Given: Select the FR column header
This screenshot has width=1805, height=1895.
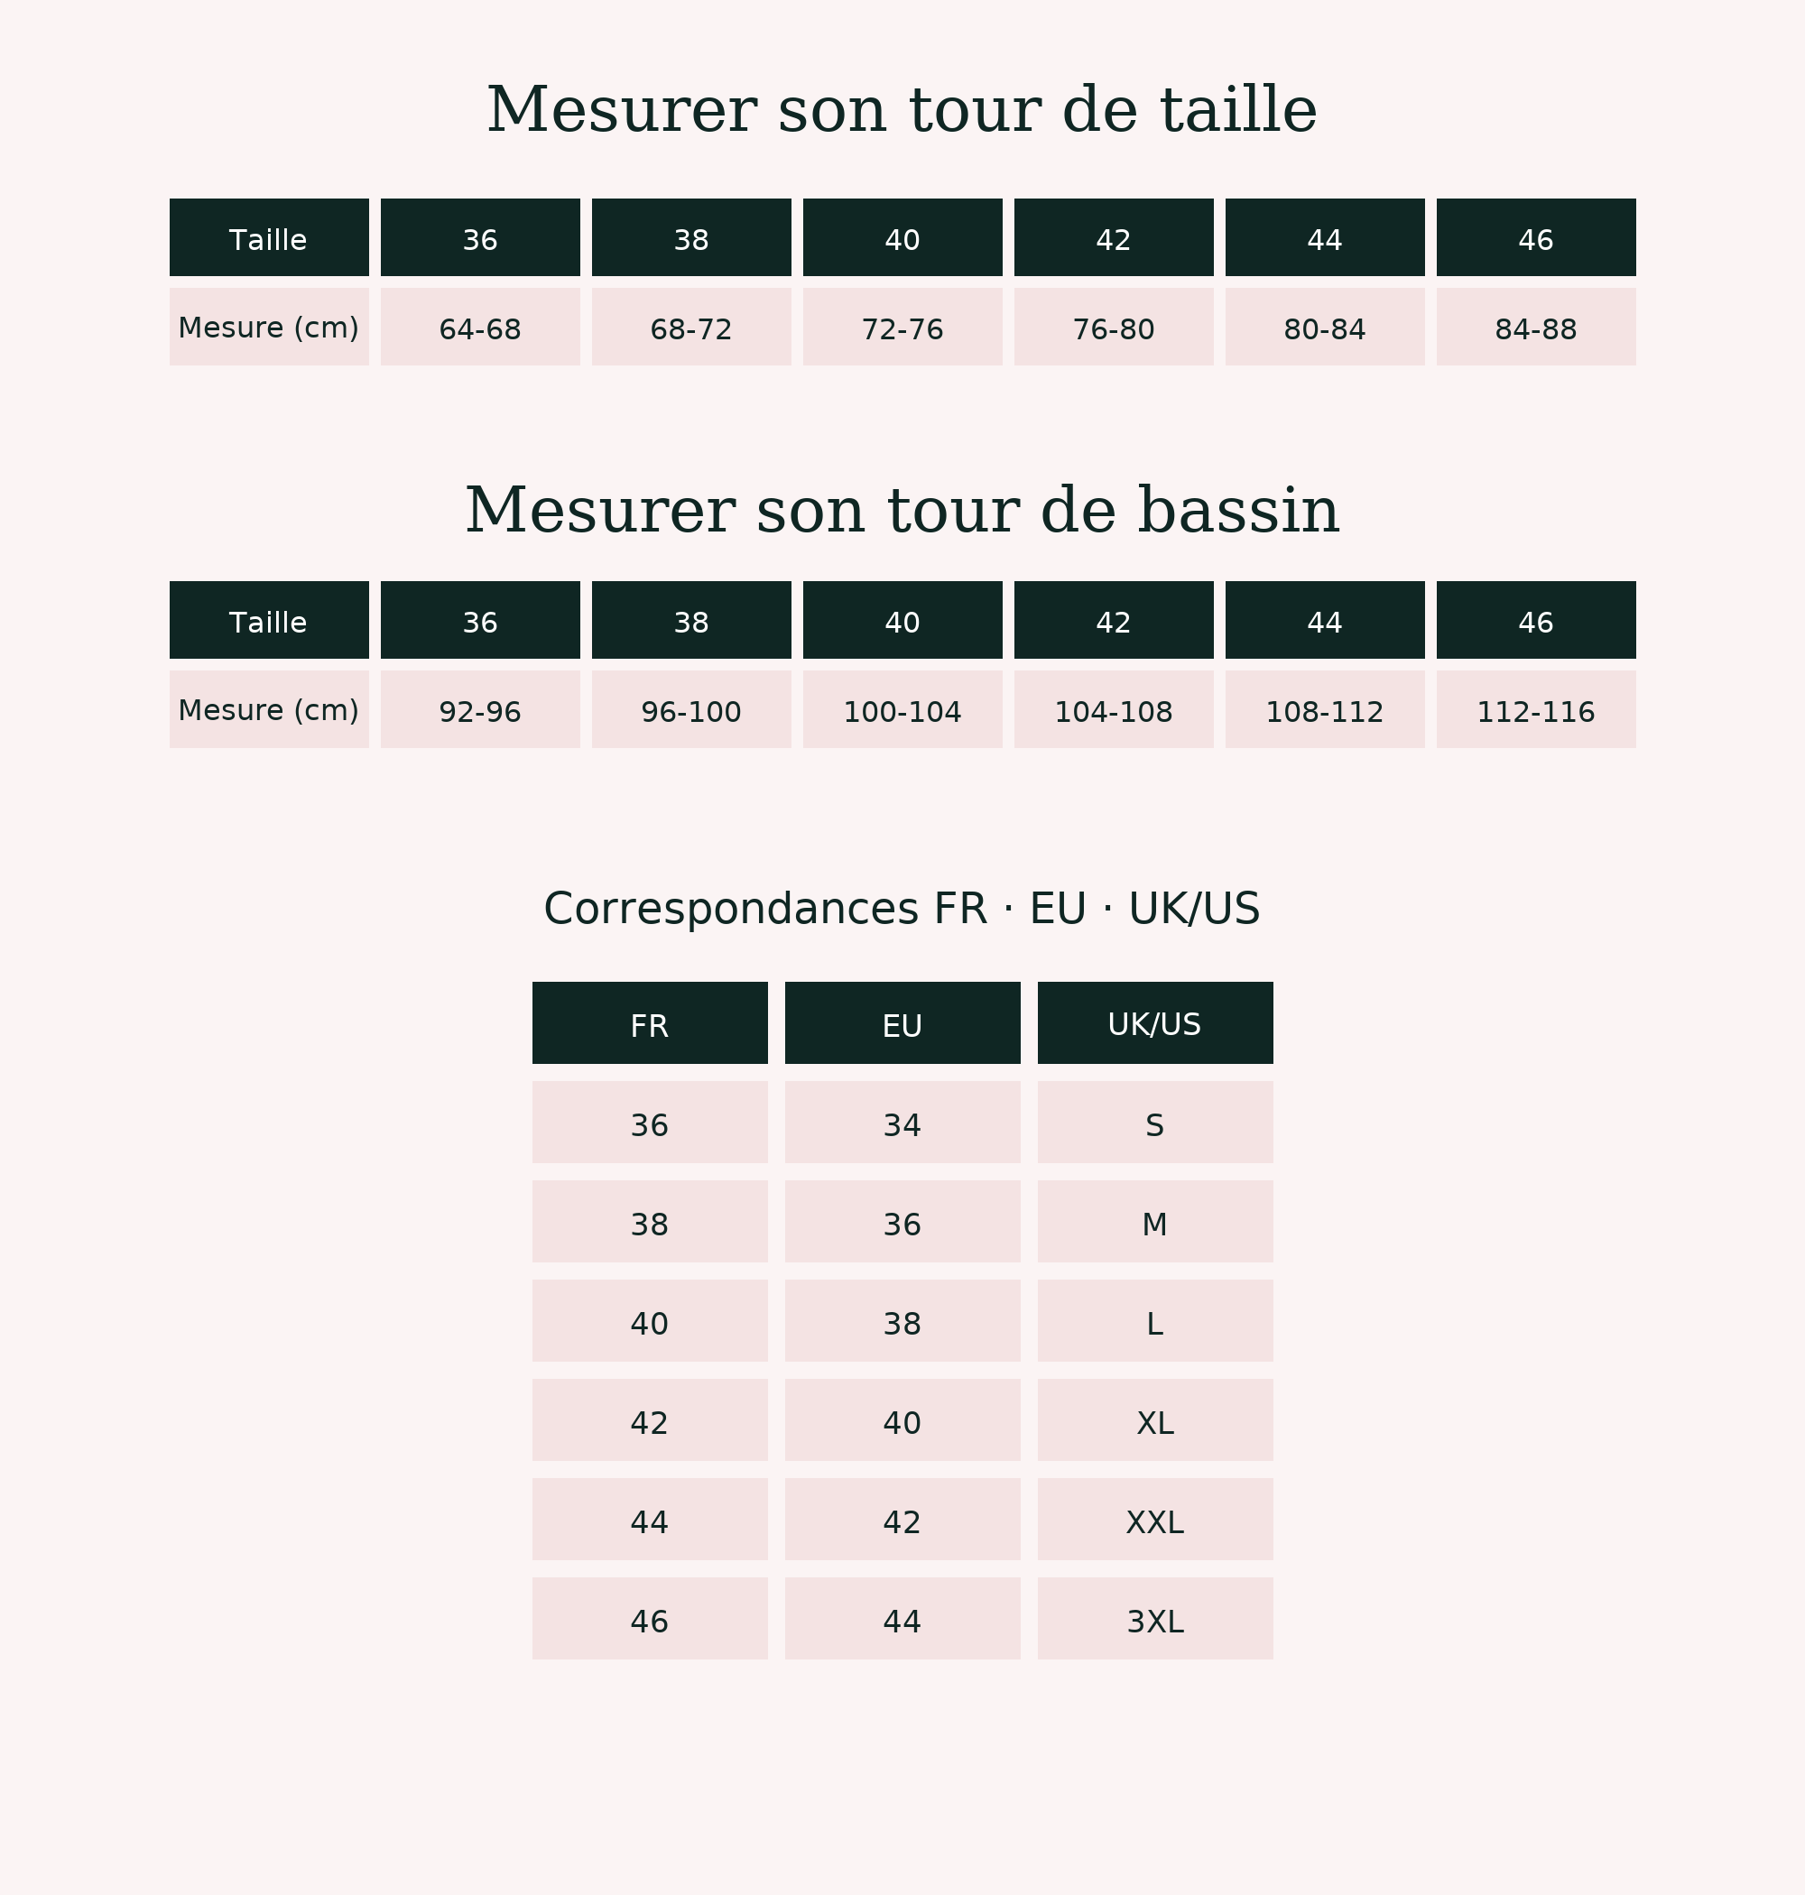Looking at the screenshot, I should coord(650,1022).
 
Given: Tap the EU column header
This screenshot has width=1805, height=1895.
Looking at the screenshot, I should coord(902,1022).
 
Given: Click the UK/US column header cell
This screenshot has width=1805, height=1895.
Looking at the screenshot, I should coord(1154,1022).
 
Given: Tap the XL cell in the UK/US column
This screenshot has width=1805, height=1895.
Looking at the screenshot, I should coord(1154,1419).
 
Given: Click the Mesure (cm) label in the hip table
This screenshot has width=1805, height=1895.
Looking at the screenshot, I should coord(268,709).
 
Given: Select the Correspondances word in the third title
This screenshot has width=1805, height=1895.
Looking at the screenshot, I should coord(731,909).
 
